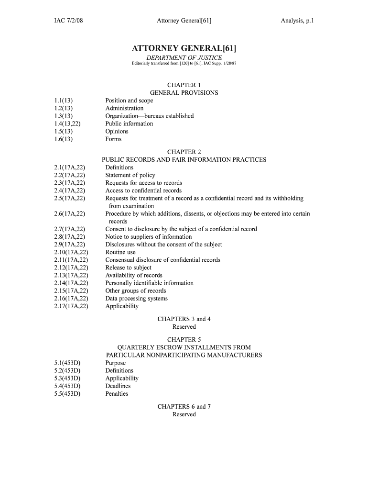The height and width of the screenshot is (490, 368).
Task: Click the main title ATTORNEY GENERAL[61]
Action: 184,48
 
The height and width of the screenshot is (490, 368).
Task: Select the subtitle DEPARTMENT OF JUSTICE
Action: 184,57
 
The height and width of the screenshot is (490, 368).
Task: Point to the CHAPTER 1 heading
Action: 184,85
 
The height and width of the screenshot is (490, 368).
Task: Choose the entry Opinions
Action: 117,131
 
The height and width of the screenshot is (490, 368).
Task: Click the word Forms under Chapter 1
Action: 113,139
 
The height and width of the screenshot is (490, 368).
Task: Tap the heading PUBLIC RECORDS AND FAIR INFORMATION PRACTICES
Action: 184,159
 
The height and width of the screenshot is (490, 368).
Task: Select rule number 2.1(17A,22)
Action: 70,167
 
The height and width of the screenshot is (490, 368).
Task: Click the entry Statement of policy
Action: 130,175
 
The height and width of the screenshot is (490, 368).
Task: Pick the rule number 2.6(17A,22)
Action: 70,213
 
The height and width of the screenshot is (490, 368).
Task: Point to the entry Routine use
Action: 120,252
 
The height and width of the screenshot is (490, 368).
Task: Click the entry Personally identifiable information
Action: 149,283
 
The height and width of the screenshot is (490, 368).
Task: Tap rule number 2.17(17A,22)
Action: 71,306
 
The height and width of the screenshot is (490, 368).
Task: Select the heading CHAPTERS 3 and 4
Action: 184,319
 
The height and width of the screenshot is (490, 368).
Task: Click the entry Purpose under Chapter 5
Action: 115,363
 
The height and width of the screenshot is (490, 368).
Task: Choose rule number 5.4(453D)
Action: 67,386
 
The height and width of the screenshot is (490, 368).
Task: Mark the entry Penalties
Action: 117,393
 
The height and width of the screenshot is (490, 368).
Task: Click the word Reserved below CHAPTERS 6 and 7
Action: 184,414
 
